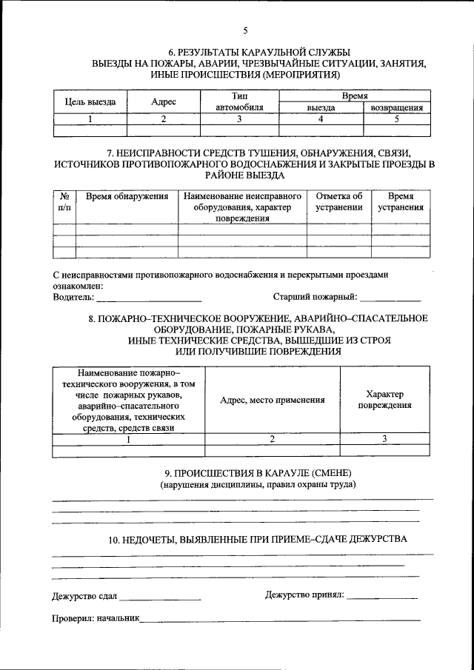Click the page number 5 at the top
click(245, 30)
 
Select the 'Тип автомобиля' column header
click(239, 101)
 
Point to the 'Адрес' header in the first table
click(164, 102)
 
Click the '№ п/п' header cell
click(64, 202)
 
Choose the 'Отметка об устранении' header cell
click(338, 202)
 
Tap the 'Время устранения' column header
click(400, 202)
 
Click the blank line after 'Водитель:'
click(149, 298)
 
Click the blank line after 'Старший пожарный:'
click(390, 298)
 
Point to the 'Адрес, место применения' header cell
click(273, 400)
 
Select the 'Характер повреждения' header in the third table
click(385, 400)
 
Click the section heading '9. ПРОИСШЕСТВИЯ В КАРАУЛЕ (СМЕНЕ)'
click(257, 472)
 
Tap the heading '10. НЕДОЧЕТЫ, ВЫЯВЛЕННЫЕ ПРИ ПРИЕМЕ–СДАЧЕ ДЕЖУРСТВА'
click(257, 540)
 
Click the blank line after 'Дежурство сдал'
click(161, 596)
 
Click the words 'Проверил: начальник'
click(96, 617)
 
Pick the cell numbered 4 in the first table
click(321, 118)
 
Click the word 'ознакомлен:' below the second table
click(78, 286)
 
